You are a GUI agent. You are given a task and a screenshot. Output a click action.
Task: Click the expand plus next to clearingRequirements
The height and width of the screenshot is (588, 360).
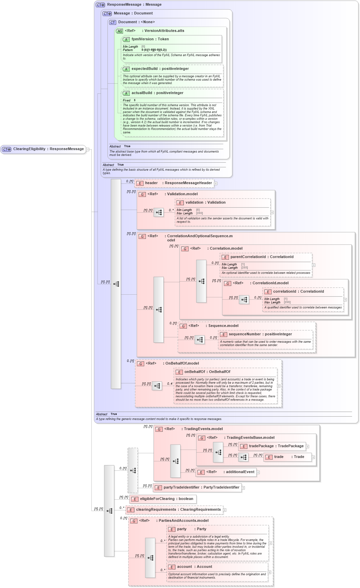click(x=225, y=510)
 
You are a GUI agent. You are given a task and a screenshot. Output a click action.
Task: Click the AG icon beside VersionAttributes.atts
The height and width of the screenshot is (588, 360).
click(x=120, y=31)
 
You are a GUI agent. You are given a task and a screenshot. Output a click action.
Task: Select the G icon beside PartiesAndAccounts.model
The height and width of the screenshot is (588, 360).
click(x=134, y=521)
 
